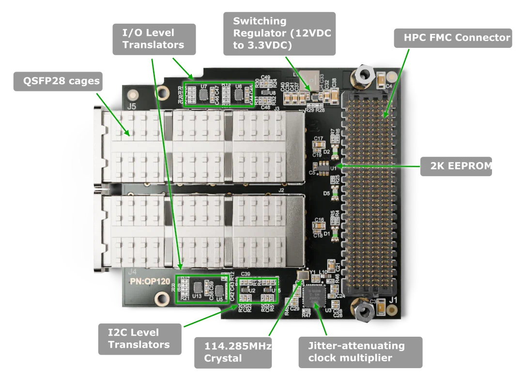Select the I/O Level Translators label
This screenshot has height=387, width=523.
[153, 39]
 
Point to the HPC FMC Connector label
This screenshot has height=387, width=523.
[457, 38]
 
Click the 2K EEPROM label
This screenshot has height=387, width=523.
[461, 166]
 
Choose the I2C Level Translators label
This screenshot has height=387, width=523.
[139, 338]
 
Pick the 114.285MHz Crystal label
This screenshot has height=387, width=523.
[233, 352]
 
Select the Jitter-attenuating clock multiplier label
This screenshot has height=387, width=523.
[356, 352]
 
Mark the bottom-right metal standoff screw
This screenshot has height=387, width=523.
[362, 309]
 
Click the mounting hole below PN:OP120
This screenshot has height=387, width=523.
[158, 301]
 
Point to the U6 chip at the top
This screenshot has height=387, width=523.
[238, 94]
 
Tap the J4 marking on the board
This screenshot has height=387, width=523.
[131, 272]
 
